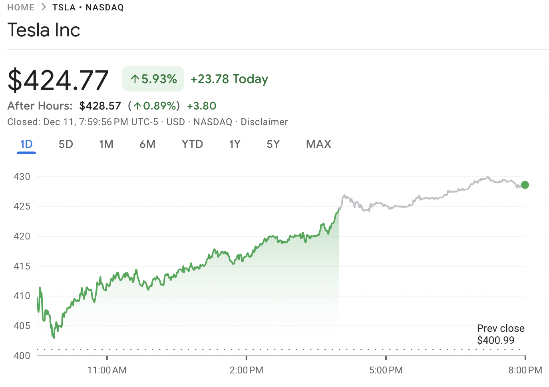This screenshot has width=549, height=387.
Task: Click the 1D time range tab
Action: pyautogui.click(x=26, y=144)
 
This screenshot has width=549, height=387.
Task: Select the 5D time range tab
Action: pyautogui.click(x=66, y=144)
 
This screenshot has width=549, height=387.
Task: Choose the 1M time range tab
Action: pyautogui.click(x=106, y=144)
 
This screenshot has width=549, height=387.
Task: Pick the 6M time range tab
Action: pyautogui.click(x=147, y=144)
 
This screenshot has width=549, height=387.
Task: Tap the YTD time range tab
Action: pyautogui.click(x=193, y=144)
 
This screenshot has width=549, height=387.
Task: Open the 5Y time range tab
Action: pyautogui.click(x=273, y=144)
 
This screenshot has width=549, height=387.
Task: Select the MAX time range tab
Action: pyautogui.click(x=318, y=144)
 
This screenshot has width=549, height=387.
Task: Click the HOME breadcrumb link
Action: pyautogui.click(x=21, y=7)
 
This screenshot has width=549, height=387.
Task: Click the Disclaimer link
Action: pyautogui.click(x=264, y=122)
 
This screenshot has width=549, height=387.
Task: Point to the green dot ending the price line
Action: pyautogui.click(x=525, y=185)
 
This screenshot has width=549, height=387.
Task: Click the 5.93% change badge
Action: pyautogui.click(x=153, y=79)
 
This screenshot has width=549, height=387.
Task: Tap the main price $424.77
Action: pyautogui.click(x=58, y=80)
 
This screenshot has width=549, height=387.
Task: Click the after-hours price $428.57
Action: pyautogui.click(x=100, y=106)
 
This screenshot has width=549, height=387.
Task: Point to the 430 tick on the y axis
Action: pyautogui.click(x=22, y=177)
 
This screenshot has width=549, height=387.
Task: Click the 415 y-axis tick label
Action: pyautogui.click(x=22, y=266)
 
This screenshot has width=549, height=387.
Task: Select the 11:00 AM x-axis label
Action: pyautogui.click(x=107, y=370)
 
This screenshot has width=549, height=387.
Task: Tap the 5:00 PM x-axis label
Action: pyautogui.click(x=386, y=370)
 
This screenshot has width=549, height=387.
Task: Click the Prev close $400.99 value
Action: pyautogui.click(x=495, y=340)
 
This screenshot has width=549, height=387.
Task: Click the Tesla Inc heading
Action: pyautogui.click(x=44, y=30)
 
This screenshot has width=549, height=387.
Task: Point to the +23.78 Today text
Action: pyautogui.click(x=229, y=79)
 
